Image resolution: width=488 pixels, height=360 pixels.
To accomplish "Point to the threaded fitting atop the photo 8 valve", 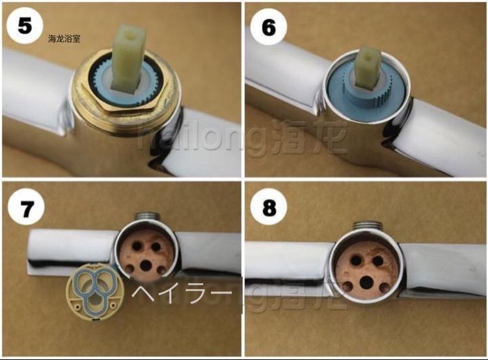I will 366,225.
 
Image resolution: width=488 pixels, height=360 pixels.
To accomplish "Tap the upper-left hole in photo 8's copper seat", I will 356,260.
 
